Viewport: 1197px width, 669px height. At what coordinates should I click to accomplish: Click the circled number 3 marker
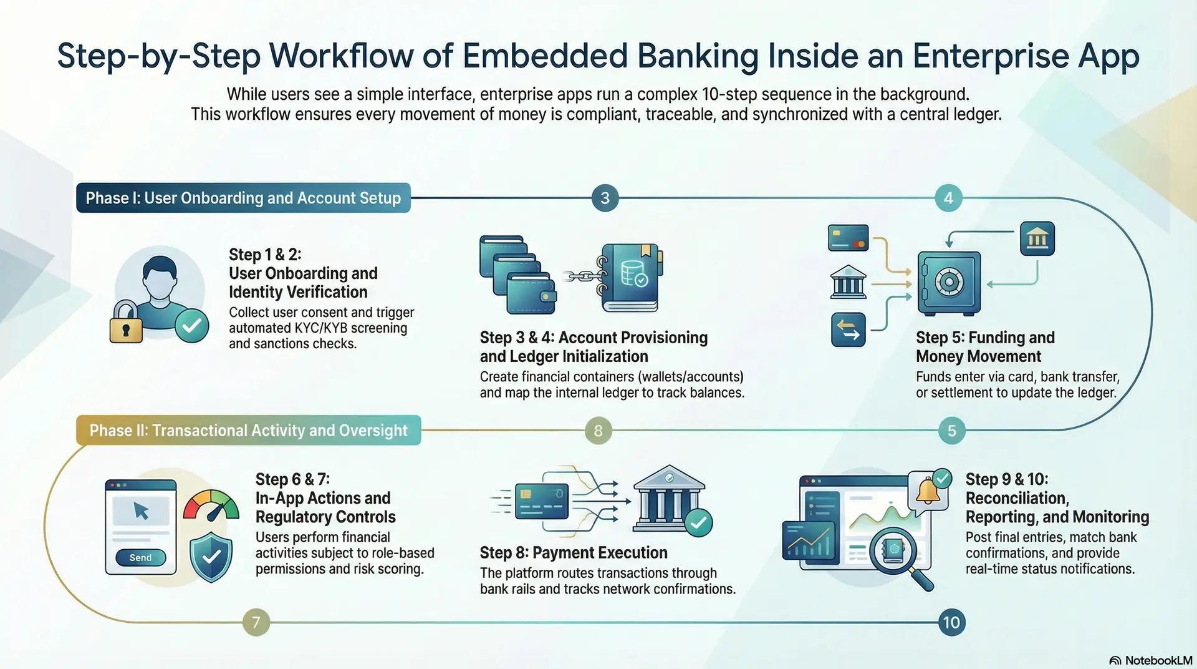pos(605,198)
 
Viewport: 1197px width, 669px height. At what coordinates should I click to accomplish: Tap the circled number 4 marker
pos(948,198)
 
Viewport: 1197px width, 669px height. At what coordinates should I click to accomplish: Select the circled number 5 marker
pos(951,431)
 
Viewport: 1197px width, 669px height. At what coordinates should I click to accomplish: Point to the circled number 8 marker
pos(598,431)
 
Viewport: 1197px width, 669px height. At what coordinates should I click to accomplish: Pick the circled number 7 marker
pos(256,622)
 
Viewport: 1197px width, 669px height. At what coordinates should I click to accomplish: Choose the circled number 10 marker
pos(951,622)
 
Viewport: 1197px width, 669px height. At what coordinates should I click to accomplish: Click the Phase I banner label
pos(243,198)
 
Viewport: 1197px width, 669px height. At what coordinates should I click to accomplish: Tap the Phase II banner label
pos(248,431)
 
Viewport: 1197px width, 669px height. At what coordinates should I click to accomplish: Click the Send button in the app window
pos(140,557)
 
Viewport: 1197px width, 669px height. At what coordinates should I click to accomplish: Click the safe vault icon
pos(949,283)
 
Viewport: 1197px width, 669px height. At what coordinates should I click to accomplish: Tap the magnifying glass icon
pos(898,552)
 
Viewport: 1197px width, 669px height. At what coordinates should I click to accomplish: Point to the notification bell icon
pos(928,491)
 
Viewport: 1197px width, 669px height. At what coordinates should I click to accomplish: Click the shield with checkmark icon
pos(211,556)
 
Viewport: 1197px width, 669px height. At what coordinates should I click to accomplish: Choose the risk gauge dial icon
pos(211,505)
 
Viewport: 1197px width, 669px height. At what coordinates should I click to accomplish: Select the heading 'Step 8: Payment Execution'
pos(574,552)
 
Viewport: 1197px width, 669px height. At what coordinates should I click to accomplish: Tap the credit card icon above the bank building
pos(848,238)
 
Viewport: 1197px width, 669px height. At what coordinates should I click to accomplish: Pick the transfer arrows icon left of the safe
pos(848,330)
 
